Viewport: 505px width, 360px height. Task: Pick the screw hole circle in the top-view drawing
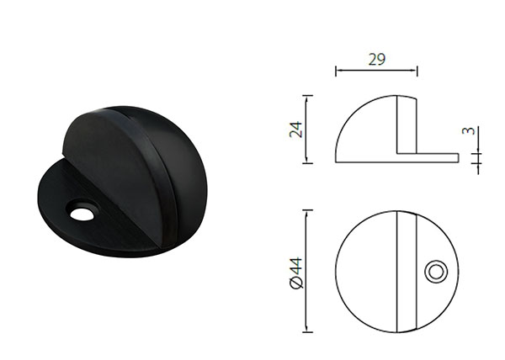pyautogui.click(x=435, y=270)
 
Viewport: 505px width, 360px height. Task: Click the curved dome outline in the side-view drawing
pyautogui.click(x=353, y=118)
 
